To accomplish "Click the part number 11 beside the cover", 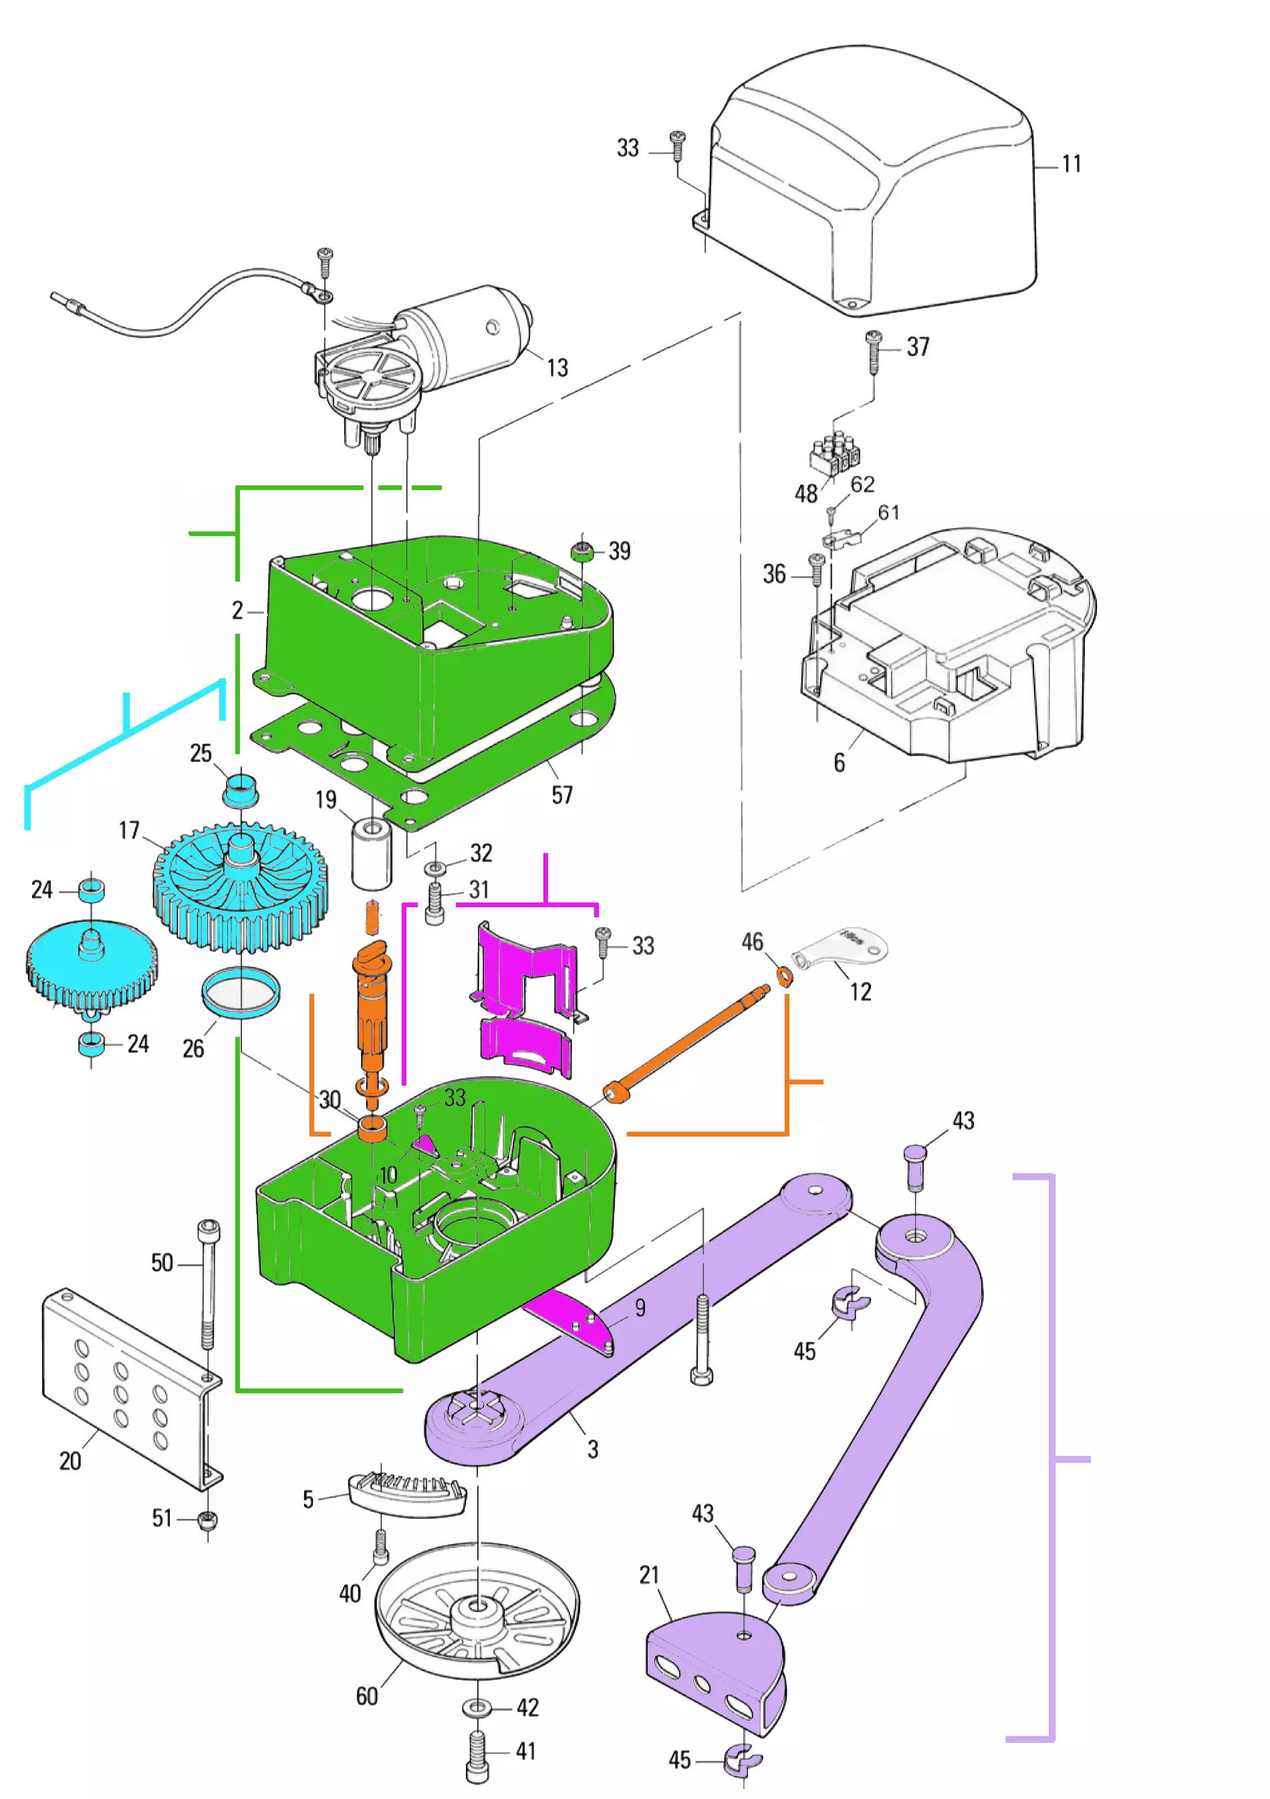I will [1071, 164].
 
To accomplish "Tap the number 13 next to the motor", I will [557, 368].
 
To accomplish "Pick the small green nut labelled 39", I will [582, 552].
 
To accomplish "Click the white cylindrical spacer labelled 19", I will [372, 853].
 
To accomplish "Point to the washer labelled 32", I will [435, 868].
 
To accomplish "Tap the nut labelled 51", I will [208, 1520].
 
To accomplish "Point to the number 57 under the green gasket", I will [561, 796].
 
